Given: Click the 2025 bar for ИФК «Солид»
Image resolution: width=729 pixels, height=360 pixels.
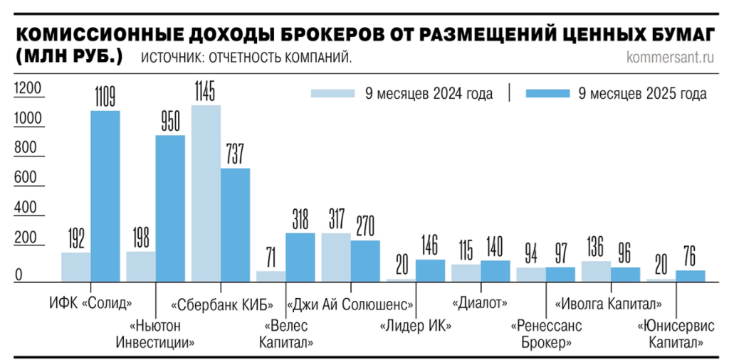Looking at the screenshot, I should tap(105, 196).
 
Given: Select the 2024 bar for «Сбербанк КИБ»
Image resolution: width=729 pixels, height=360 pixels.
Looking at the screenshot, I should tap(206, 193).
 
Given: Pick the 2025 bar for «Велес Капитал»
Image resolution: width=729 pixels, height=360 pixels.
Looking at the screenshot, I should tap(300, 257).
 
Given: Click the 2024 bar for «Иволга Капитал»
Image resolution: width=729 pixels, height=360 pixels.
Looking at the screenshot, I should tap(596, 271).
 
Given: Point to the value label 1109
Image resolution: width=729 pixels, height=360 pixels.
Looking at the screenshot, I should tap(105, 97).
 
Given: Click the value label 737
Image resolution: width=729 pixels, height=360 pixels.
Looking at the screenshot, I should tap(235, 154).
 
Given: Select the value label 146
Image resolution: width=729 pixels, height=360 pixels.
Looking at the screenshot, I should tap(429, 246).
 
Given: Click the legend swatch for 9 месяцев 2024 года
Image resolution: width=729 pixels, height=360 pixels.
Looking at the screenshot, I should tap(332, 93).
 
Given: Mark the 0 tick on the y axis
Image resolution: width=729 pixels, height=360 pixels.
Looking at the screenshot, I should tap(20, 275).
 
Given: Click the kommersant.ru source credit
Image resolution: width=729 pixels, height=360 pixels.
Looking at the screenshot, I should tap(670, 58).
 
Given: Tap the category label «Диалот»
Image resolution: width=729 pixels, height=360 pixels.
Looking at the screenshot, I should tap(479, 305).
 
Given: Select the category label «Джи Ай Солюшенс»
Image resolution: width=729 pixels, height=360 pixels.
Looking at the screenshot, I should tap(350, 305).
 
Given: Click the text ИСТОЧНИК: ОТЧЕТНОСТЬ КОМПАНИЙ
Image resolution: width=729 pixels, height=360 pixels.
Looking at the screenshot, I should tap(246, 58).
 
